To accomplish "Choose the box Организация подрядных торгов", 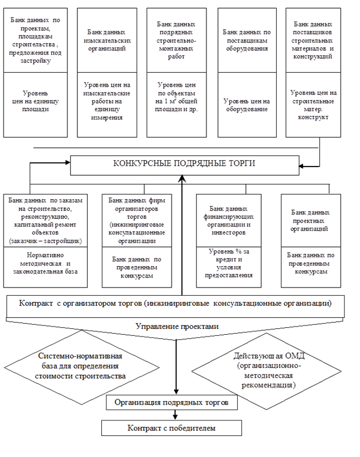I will click(x=175, y=402).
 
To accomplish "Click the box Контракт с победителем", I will click(x=172, y=428).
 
